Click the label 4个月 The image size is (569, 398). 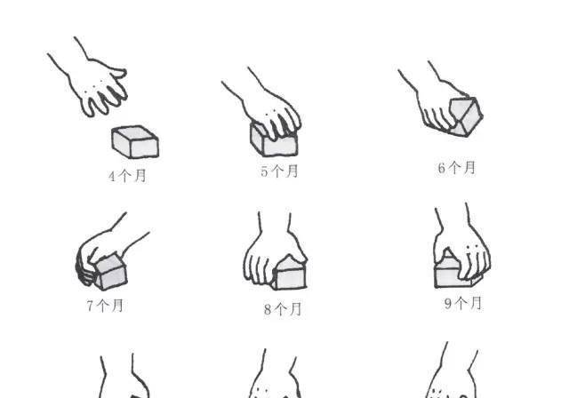[x=127, y=176]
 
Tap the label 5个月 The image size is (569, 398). [x=279, y=171]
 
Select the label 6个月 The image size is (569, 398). [x=457, y=168]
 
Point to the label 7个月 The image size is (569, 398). [x=105, y=306]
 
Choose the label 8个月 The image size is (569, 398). [x=283, y=309]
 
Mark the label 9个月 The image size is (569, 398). [x=463, y=303]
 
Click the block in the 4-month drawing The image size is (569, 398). [x=135, y=142]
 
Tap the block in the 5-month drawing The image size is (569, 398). [x=274, y=140]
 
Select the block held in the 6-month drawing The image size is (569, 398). [x=466, y=116]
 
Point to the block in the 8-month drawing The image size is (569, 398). [x=289, y=273]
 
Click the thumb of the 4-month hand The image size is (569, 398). [x=119, y=72]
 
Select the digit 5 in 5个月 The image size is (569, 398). [x=264, y=171]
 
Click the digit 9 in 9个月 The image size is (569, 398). [x=448, y=304]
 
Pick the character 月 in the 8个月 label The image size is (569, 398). [x=295, y=309]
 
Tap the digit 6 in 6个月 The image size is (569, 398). [x=441, y=168]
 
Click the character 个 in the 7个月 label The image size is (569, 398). [x=103, y=306]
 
